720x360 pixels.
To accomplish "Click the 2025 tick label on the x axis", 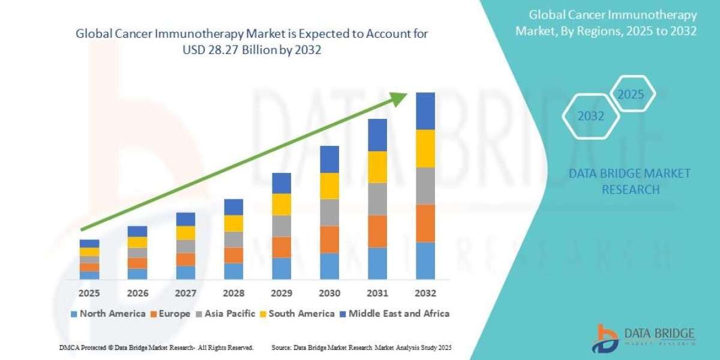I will click(89, 293).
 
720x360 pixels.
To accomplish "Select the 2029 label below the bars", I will click(281, 293).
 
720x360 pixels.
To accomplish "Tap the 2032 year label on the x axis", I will click(425, 293).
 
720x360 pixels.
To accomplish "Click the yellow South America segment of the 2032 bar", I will click(425, 148).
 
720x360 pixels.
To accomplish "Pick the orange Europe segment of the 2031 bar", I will click(377, 231).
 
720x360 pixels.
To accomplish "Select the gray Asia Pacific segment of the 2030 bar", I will click(329, 212).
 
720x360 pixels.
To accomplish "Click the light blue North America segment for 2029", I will click(281, 268).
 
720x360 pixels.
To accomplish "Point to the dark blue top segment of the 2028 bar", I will click(233, 207).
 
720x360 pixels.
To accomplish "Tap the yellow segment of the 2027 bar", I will click(185, 233).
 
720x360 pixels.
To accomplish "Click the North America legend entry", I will click(107, 313).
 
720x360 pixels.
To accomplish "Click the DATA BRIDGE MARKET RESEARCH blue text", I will click(629, 181).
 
